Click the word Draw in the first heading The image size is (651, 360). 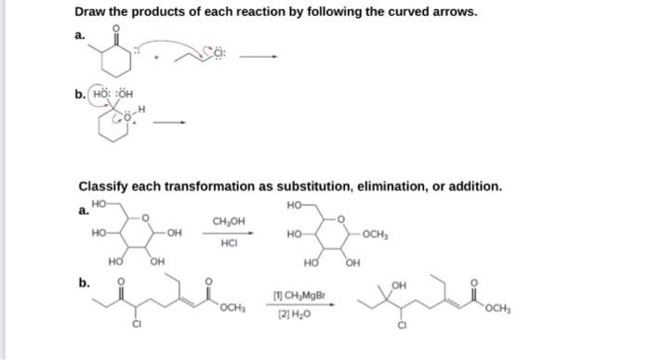(x=95, y=11)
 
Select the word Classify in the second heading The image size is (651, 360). (x=106, y=186)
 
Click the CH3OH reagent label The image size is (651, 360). (x=229, y=221)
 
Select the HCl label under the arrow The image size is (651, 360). (x=230, y=244)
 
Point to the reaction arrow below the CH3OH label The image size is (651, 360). (x=230, y=233)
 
